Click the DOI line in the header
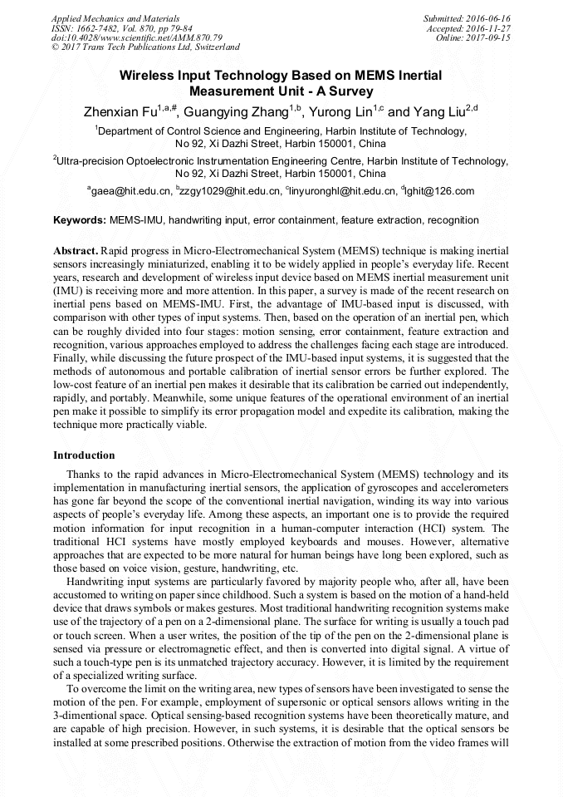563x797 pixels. (x=137, y=37)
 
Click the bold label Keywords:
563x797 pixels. (x=79, y=220)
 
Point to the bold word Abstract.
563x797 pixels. (x=75, y=250)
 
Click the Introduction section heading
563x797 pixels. (x=84, y=455)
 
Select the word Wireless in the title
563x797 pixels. (x=144, y=76)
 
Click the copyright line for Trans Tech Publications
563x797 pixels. (x=145, y=47)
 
